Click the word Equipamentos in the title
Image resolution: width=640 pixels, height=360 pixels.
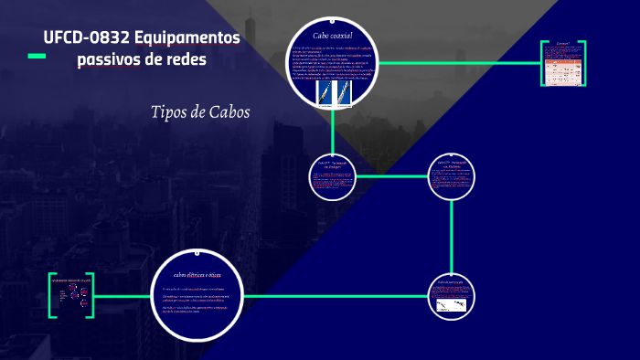coord(187,38)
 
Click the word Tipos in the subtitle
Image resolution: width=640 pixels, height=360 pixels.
coord(172,112)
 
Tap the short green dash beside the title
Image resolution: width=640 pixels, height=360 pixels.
coord(37,57)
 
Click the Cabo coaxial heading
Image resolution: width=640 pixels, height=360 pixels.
coord(333,35)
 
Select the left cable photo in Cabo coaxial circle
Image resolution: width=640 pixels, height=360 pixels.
coord(322,92)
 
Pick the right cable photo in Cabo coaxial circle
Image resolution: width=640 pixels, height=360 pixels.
coord(346,92)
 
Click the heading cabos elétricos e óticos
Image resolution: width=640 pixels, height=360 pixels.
coord(198,273)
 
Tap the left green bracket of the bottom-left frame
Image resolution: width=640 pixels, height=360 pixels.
coord(51,295)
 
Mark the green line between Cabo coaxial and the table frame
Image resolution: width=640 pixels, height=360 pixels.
coord(457,63)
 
